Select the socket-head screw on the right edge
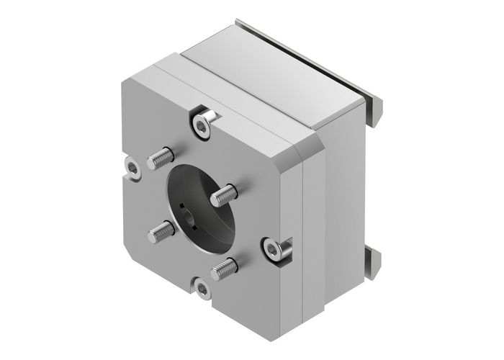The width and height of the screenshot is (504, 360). [x=274, y=249]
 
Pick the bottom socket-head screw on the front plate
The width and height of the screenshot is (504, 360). [x=201, y=290]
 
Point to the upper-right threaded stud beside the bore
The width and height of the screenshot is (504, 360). [x=224, y=194]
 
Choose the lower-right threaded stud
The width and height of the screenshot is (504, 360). [x=225, y=269]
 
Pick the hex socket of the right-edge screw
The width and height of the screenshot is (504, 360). [x=272, y=251]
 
